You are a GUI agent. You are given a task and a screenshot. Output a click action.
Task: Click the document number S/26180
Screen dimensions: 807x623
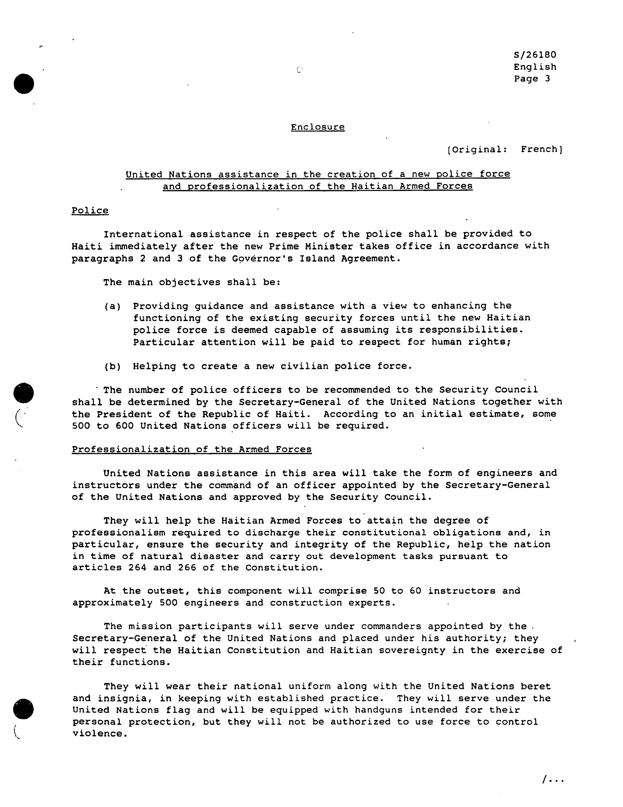pos(535,55)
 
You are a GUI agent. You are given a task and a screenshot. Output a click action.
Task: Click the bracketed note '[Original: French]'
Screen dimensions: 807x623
pos(504,149)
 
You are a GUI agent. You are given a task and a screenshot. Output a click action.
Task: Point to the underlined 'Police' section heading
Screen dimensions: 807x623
pos(90,211)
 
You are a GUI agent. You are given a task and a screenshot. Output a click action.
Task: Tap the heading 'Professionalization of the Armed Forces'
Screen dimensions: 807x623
pos(192,449)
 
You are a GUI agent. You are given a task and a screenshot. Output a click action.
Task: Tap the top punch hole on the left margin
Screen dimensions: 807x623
pos(24,83)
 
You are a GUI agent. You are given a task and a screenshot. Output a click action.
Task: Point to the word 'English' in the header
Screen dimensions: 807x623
pos(535,67)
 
